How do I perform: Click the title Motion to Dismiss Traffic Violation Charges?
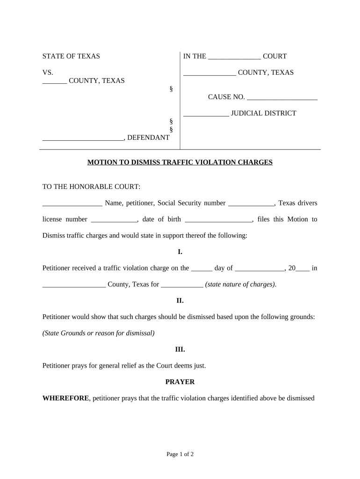tap(180, 162)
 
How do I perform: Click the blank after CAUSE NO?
tap(282, 97)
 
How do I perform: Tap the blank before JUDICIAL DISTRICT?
tap(206, 114)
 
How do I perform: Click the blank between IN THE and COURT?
tap(234, 57)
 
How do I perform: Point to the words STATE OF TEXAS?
tap(71, 56)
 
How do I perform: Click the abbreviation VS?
tap(48, 73)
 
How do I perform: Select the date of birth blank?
tap(219, 220)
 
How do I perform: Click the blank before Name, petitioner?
tap(72, 203)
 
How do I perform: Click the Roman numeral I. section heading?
tap(180, 252)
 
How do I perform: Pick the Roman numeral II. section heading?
tap(180, 300)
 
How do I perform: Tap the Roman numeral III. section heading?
tap(180, 349)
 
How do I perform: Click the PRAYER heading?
tap(180, 382)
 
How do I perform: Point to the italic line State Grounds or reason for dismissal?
tap(98, 333)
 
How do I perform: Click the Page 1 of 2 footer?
tap(180, 454)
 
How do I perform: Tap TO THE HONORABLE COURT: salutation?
tap(91, 187)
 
